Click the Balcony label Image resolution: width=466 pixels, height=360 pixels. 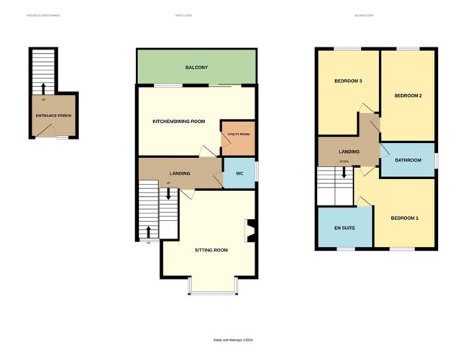coord(196,68)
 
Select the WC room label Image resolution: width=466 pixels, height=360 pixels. coord(239,173)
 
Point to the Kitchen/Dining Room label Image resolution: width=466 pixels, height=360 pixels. coord(179,121)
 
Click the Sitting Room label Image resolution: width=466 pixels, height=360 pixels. coord(211,250)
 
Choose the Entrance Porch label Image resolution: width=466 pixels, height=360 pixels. coord(54,116)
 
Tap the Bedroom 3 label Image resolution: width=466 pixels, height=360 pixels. coord(347,81)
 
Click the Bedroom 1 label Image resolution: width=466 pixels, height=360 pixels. coord(404,218)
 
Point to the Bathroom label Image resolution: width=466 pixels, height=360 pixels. coord(407,160)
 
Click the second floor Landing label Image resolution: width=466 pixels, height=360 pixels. coord(349,151)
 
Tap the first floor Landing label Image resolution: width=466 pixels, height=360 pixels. coord(179,174)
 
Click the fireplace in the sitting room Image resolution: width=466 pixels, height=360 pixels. coord(250,232)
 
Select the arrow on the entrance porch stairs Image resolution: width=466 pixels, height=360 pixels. coord(42,88)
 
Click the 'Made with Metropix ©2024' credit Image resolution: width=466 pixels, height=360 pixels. coord(233,341)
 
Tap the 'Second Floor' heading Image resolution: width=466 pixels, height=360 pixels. coord(365,15)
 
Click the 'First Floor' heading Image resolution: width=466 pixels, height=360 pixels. coord(183,15)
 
